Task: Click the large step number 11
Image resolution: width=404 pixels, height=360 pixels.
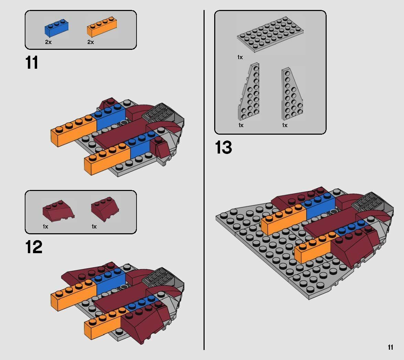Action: (32, 63)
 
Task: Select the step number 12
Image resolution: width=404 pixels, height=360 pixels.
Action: (33, 247)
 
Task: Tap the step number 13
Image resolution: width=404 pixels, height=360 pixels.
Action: (223, 147)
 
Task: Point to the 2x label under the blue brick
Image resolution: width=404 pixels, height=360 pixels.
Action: (48, 42)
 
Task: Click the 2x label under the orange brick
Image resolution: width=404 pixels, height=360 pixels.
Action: (90, 42)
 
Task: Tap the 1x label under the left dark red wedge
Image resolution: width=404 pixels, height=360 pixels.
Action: (45, 226)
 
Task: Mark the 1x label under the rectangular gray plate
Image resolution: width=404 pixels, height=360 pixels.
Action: (240, 57)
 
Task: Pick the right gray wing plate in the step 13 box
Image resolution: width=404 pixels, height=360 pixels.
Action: (292, 93)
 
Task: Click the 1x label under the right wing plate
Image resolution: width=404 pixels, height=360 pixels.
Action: (285, 125)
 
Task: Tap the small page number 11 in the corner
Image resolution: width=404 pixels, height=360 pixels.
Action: (390, 347)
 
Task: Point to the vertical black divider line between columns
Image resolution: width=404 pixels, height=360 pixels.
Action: (204, 179)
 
